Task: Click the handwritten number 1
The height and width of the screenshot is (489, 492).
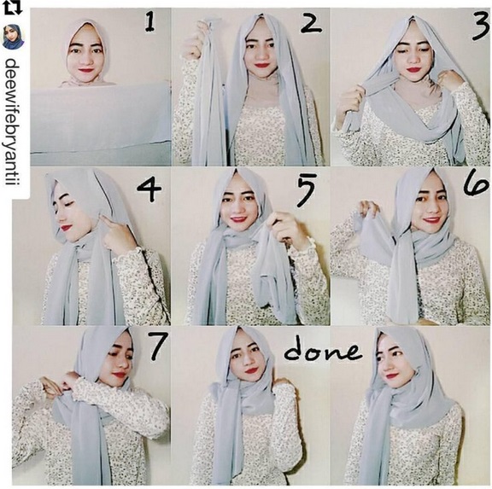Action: click(x=150, y=23)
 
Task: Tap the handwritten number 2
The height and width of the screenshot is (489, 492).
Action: click(x=311, y=23)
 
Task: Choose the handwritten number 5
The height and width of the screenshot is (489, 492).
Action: click(x=305, y=190)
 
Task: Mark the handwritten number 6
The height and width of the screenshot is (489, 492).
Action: click(x=477, y=184)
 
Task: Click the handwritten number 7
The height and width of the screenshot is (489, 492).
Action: click(x=157, y=346)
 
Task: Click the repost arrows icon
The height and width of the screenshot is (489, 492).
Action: click(x=13, y=8)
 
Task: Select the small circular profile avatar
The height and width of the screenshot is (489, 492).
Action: click(x=14, y=38)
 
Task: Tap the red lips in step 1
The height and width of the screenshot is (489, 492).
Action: click(x=85, y=71)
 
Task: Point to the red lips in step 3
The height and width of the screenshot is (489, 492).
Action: click(x=413, y=70)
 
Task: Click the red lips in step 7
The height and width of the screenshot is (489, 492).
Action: click(x=120, y=375)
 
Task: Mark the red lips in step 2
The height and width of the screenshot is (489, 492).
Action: click(x=261, y=66)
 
